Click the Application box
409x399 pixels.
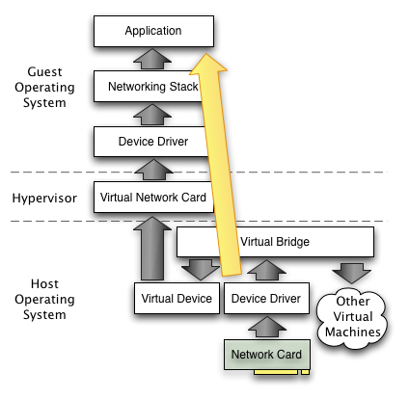153,31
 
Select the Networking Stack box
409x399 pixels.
149,87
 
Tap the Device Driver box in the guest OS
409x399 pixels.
151,142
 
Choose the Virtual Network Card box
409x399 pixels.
153,198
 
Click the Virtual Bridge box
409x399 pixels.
275,242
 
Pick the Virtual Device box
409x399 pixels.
177,299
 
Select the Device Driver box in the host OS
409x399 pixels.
266,299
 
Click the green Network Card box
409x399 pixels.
267,355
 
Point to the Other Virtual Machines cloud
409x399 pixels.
352,317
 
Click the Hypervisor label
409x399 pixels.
44,199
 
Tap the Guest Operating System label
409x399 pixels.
44,87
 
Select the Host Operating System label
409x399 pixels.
44,299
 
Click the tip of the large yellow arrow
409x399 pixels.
204,54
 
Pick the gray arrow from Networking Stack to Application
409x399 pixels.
152,59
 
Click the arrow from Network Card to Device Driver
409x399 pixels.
267,327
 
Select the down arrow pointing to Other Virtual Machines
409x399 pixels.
352,273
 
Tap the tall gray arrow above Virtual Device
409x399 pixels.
152,249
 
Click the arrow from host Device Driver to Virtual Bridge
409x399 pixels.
266,270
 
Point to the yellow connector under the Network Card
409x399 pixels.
282,372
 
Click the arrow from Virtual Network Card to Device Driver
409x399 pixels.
153,170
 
